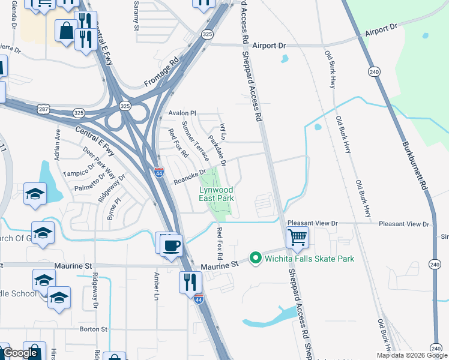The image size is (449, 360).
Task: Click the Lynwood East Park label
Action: click(x=216, y=194)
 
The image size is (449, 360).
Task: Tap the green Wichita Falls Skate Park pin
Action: click(x=255, y=259)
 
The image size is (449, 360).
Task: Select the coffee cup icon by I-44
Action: click(x=172, y=244)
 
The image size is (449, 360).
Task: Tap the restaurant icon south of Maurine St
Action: click(x=190, y=281)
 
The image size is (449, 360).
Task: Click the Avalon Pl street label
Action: click(x=182, y=113)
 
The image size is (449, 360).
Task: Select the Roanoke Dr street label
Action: click(x=190, y=176)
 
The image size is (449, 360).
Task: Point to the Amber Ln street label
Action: click(x=157, y=283)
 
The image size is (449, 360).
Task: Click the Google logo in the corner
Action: click(x=20, y=353)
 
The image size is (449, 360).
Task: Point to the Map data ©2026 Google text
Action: click(x=411, y=355)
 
